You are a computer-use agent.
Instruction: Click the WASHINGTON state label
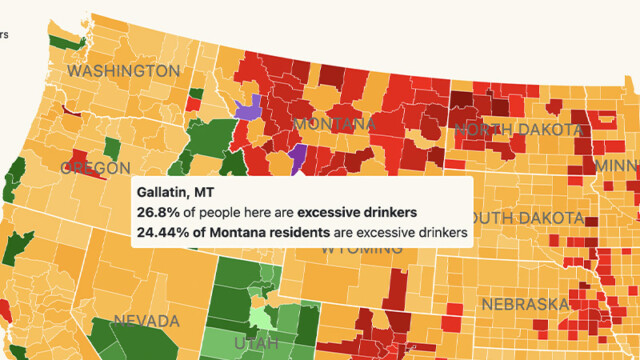pyautogui.click(x=123, y=72)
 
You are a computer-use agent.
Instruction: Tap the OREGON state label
pyautogui.click(x=95, y=168)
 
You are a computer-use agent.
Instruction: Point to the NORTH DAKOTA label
pyautogui.click(x=517, y=130)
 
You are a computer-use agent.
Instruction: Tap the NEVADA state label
pyautogui.click(x=145, y=321)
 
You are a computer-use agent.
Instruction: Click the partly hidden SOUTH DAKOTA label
pyautogui.click(x=530, y=218)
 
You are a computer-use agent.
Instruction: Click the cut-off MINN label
pyautogui.click(x=615, y=165)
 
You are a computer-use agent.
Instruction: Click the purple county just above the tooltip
pyautogui.click(x=298, y=157)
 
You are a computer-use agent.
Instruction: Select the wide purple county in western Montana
pyautogui.click(x=248, y=107)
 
